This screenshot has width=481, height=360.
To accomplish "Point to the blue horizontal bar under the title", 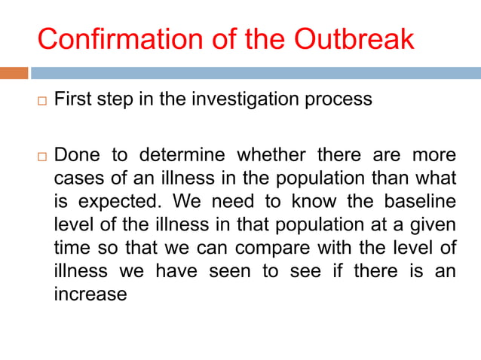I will point(256,73).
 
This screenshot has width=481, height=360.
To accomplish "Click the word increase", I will point(90,294).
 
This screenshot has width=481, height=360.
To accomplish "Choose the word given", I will point(434,225).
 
